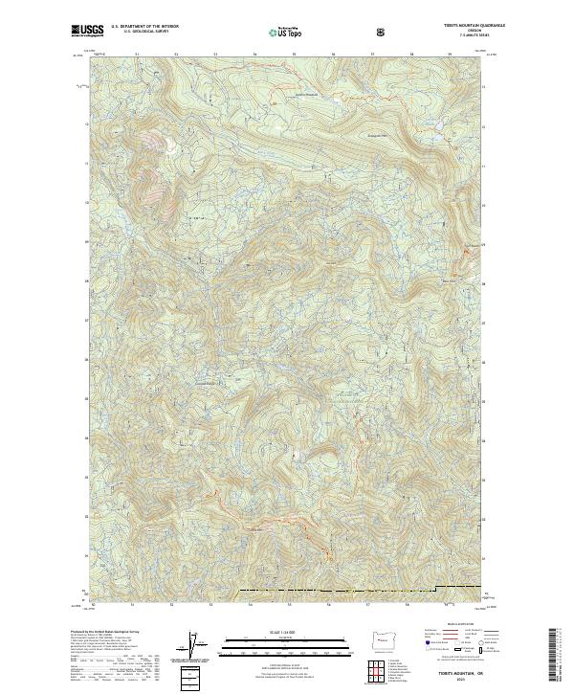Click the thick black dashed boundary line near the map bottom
(335, 587)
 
